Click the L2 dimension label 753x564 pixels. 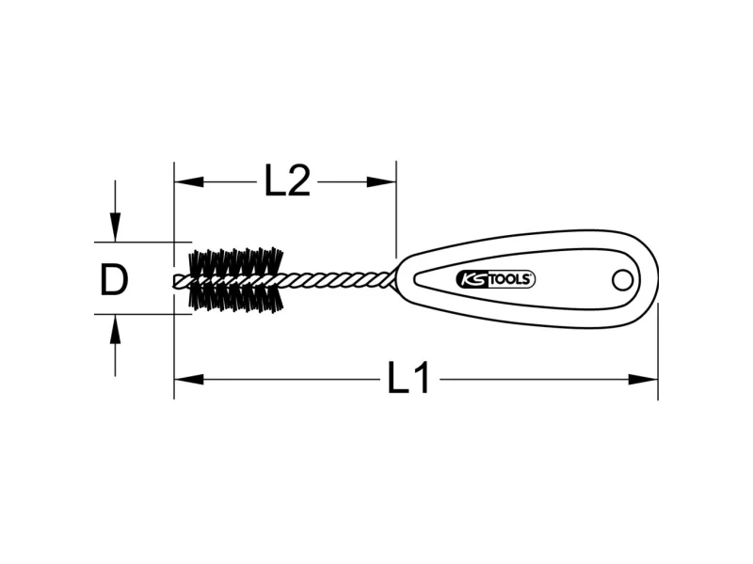tap(287, 180)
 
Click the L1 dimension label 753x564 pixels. tap(409, 378)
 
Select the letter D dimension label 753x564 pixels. tap(114, 279)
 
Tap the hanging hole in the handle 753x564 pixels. tap(623, 280)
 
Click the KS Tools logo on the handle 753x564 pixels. tap(496, 279)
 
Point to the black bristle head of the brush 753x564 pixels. tap(236, 280)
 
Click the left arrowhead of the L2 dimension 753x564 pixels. tap(189, 181)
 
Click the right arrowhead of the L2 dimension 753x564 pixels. tap(382, 181)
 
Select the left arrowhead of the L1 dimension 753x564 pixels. tap(189, 380)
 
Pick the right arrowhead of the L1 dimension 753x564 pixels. tap(643, 380)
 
